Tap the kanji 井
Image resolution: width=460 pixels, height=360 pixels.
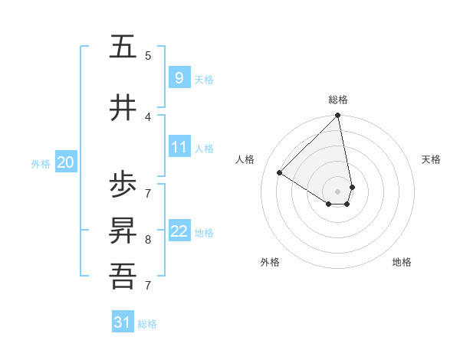click(x=123, y=107)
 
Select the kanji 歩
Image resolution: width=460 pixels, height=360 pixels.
click(x=123, y=185)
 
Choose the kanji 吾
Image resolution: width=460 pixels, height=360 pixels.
click(x=123, y=275)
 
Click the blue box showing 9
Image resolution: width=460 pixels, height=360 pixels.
click(x=179, y=77)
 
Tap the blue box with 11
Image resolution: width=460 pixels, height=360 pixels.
click(x=179, y=147)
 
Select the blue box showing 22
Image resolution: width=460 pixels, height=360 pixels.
click(x=179, y=231)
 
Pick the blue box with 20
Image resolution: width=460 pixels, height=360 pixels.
click(x=66, y=162)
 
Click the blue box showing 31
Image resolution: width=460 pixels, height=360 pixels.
click(x=123, y=322)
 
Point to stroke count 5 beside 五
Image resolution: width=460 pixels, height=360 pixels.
click(x=148, y=55)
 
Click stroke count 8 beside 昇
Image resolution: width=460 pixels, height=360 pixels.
click(x=148, y=239)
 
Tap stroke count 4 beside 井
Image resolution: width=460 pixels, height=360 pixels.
click(x=148, y=116)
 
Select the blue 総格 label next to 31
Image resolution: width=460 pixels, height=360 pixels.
click(x=147, y=324)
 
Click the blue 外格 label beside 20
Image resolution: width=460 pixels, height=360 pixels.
click(x=41, y=163)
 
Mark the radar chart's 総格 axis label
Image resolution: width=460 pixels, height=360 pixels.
click(x=337, y=100)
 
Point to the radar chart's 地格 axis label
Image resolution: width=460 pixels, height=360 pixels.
click(x=402, y=262)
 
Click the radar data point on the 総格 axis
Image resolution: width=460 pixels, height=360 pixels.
click(x=337, y=116)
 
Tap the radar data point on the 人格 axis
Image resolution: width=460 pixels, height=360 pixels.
click(x=280, y=173)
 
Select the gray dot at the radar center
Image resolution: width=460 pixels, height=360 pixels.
click(x=337, y=191)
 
